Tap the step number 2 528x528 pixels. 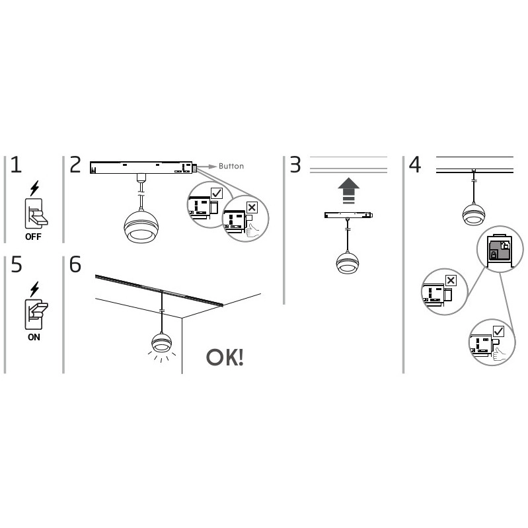coord(76,165)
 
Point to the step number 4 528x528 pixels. coord(415,165)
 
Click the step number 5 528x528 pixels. coord(18,265)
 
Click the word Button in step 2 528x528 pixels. coord(231,167)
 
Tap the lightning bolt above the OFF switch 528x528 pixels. coord(34,188)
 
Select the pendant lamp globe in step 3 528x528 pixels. coord(348,262)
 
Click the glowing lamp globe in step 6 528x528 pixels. coord(161,342)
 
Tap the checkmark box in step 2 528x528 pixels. coord(215,192)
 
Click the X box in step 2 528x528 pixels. coord(251,207)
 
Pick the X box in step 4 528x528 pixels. coord(451,280)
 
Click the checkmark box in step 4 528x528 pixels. coord(499,330)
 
